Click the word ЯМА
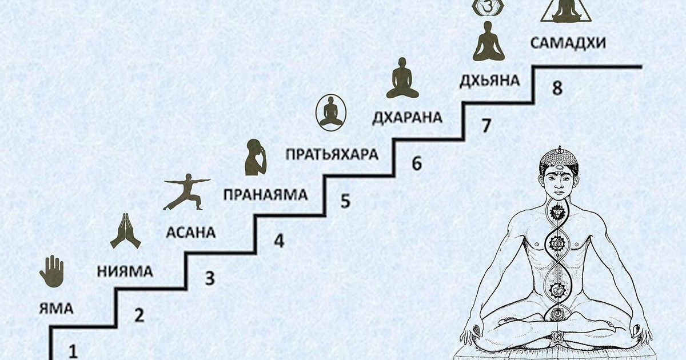coord(56,309)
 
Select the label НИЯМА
coord(124,271)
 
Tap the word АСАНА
coord(190,233)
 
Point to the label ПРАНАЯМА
coord(265,194)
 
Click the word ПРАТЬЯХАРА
coord(332,154)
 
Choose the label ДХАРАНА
coord(407,117)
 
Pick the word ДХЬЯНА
coord(489,80)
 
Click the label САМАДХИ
coord(568,43)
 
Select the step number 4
coord(278,241)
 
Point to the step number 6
coord(416,164)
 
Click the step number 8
coord(557,89)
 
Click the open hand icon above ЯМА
coord(51,271)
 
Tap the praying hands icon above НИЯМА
coord(125,231)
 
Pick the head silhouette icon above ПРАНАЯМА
coord(256,157)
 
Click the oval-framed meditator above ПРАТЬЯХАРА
coord(331,111)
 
